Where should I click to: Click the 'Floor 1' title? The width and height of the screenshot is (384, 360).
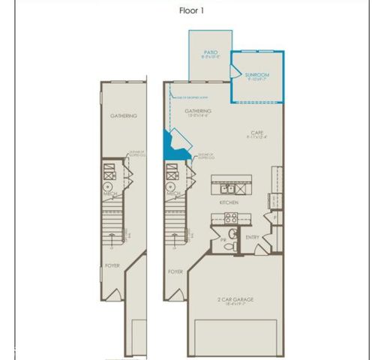pyautogui.click(x=191, y=10)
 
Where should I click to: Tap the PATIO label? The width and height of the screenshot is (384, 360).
pyautogui.click(x=209, y=52)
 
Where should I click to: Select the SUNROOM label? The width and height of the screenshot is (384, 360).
pyautogui.click(x=257, y=75)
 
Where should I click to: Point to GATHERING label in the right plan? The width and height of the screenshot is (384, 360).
pyautogui.click(x=198, y=111)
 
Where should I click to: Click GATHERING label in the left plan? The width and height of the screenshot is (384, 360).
pyautogui.click(x=123, y=115)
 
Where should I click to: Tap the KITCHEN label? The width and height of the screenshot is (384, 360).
pyautogui.click(x=229, y=202)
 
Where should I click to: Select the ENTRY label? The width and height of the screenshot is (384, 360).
pyautogui.click(x=253, y=238)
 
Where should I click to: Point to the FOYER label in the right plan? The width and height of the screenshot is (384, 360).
pyautogui.click(x=175, y=271)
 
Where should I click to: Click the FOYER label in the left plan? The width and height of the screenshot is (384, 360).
pyautogui.click(x=112, y=265)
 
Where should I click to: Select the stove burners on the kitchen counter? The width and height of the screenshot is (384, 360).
pyautogui.click(x=231, y=219)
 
